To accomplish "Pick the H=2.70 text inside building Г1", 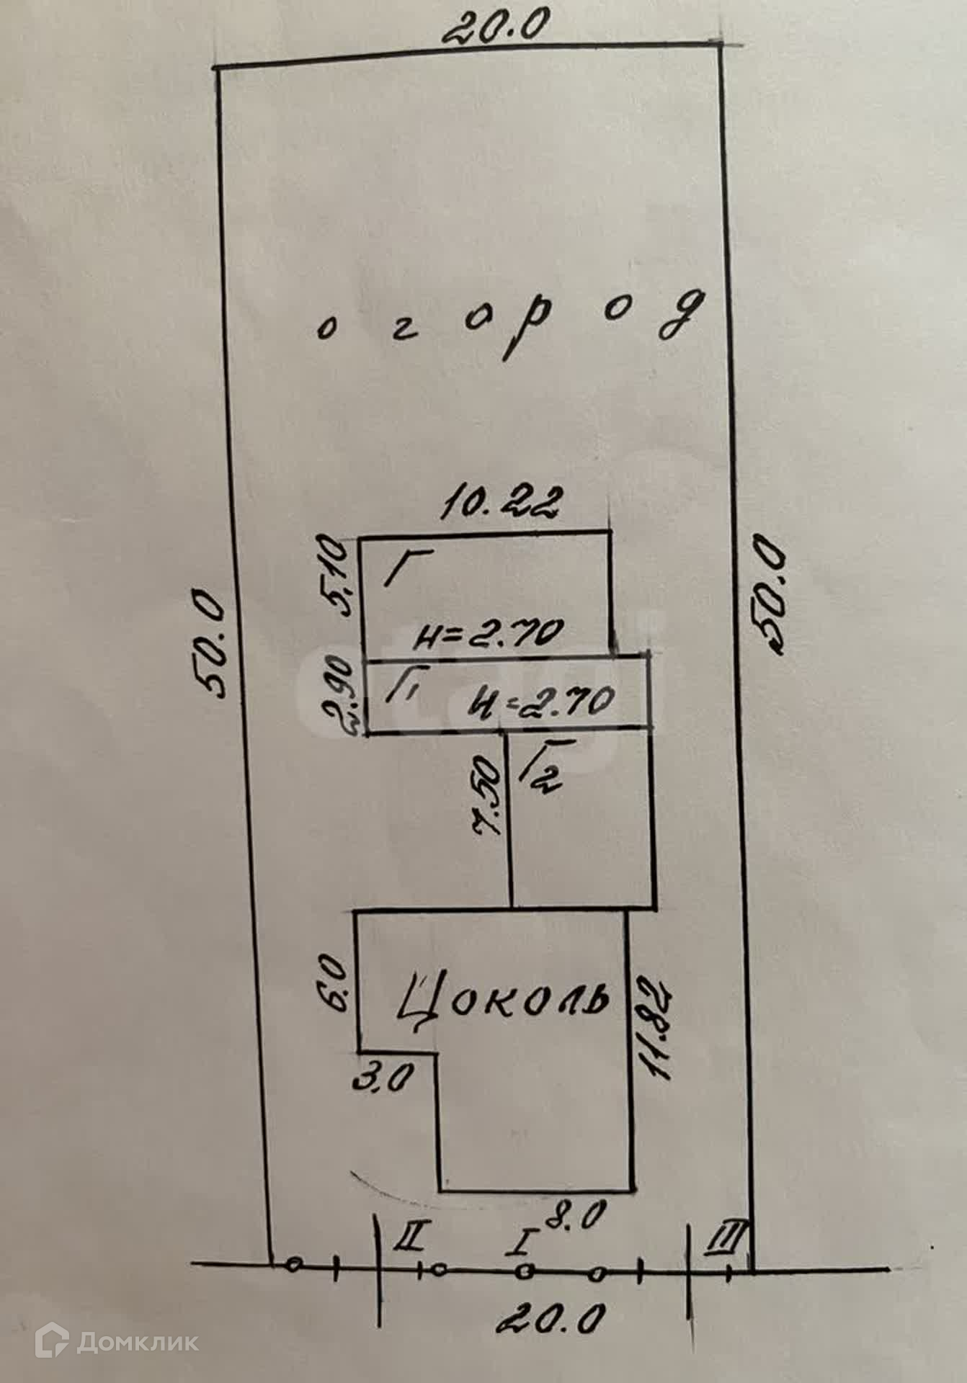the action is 541,702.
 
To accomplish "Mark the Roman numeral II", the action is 411,1237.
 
